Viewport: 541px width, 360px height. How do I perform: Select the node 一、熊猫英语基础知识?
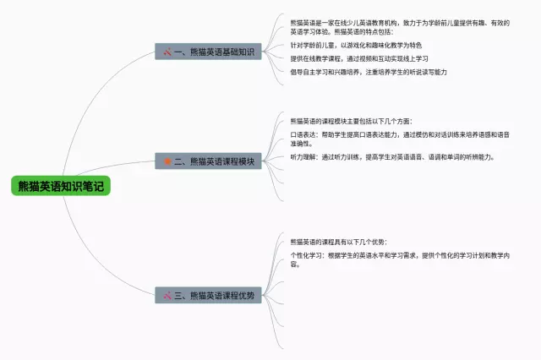click(x=207, y=52)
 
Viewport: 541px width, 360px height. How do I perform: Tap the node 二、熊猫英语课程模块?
click(x=207, y=160)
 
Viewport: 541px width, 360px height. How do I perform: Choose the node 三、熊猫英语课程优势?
click(x=207, y=295)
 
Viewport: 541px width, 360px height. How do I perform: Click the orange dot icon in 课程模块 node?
click(x=167, y=160)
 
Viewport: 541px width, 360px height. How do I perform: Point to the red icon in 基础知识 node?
click(x=167, y=52)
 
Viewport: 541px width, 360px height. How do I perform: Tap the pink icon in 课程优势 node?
click(x=167, y=295)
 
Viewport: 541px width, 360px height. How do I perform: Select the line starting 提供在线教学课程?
click(x=359, y=58)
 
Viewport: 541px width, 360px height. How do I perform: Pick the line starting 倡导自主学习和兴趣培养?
click(x=369, y=72)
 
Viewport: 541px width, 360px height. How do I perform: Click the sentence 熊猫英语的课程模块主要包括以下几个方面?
click(x=351, y=122)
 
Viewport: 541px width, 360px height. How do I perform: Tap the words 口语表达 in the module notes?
click(x=302, y=134)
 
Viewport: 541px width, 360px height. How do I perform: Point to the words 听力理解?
click(x=302, y=156)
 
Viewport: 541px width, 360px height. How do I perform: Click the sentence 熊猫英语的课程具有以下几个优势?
click(x=338, y=243)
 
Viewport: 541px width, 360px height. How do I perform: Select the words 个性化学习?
click(x=305, y=255)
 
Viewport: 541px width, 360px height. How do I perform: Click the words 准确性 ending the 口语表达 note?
click(x=301, y=144)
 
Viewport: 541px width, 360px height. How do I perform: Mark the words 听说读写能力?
click(x=428, y=72)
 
